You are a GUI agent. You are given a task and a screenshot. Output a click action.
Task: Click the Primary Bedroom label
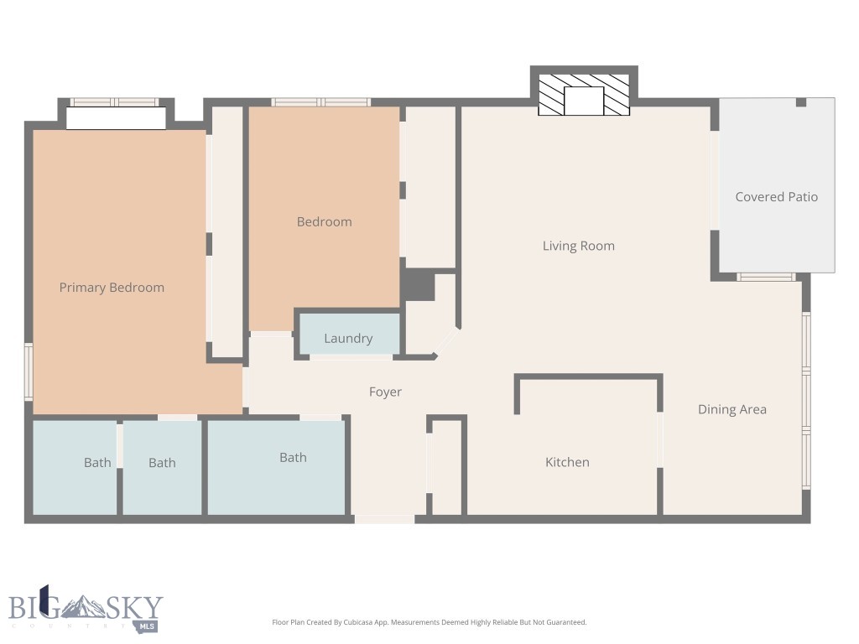coord(112,288)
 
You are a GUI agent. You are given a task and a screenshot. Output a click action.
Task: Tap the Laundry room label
coord(348,339)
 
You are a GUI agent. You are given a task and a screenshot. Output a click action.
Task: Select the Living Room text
coord(578,246)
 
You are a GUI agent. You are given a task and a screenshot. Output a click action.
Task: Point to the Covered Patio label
coord(776,197)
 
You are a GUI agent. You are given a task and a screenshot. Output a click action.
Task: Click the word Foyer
coord(385,392)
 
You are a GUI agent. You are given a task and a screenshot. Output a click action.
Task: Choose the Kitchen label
coord(567,462)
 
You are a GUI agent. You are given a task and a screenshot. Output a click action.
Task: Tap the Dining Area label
coord(731,409)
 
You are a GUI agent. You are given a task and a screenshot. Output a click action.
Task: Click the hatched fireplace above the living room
coord(584,95)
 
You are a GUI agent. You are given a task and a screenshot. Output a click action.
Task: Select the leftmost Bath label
coord(97,462)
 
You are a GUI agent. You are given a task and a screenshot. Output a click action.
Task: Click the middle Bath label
coord(162,462)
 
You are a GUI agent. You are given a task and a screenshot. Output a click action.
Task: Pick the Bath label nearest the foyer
coord(293,457)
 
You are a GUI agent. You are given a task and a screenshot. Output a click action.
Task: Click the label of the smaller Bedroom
coord(324,221)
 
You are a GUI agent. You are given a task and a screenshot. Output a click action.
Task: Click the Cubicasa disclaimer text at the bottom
coord(429,622)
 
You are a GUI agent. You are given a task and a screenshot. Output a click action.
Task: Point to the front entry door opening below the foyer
coord(384,519)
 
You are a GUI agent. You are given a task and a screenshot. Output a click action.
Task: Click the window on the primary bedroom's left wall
coord(28,371)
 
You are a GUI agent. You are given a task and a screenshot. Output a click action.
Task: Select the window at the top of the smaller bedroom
coord(320,102)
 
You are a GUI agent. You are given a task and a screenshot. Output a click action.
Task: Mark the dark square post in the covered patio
coord(800,102)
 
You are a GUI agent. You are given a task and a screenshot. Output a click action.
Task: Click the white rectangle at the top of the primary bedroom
coord(116,118)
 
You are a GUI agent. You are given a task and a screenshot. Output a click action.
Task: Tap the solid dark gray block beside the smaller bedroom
coord(417,285)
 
